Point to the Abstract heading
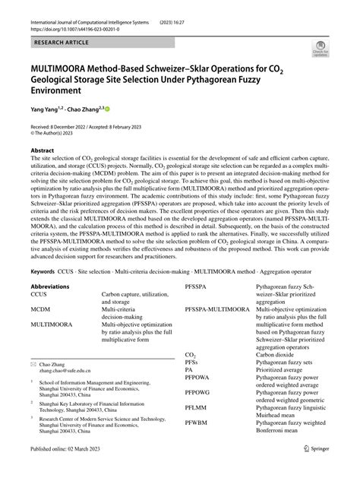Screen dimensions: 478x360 coord(43,150)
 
